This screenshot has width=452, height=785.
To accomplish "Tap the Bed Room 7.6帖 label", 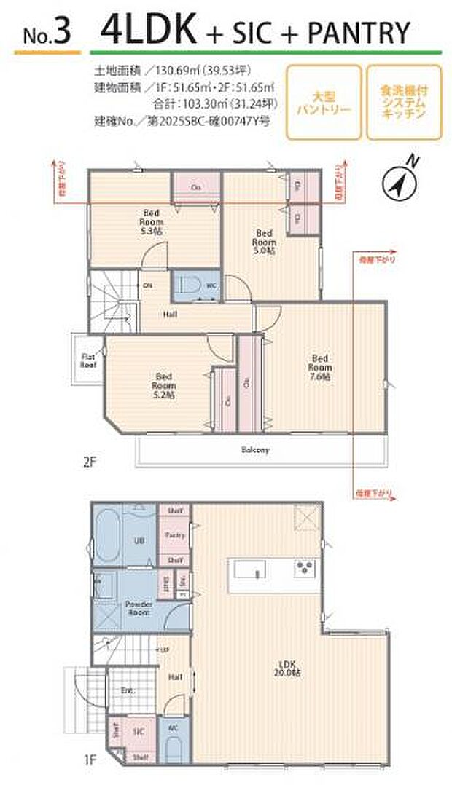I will [x=321, y=368].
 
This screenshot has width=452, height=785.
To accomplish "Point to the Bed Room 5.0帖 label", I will [x=264, y=241].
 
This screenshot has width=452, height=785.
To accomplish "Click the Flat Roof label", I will [x=88, y=360].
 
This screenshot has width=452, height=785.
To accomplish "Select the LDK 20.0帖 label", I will [x=290, y=668].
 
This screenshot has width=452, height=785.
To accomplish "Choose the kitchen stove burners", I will [x=304, y=568].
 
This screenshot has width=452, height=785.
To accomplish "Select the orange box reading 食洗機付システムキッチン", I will [x=404, y=103].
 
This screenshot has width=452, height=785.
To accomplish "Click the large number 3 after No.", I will [x=63, y=35].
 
